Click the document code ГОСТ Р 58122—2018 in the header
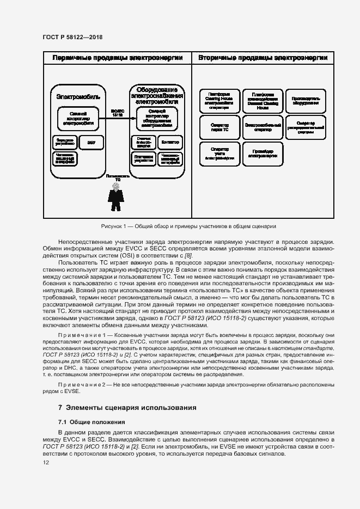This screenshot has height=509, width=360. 72,37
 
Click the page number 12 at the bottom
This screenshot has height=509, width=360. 46,463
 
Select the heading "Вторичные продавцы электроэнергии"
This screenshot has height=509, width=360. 263,58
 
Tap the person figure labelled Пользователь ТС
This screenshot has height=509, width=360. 115,197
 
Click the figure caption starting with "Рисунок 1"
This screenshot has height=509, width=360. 188,226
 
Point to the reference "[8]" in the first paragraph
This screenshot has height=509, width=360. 188,255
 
